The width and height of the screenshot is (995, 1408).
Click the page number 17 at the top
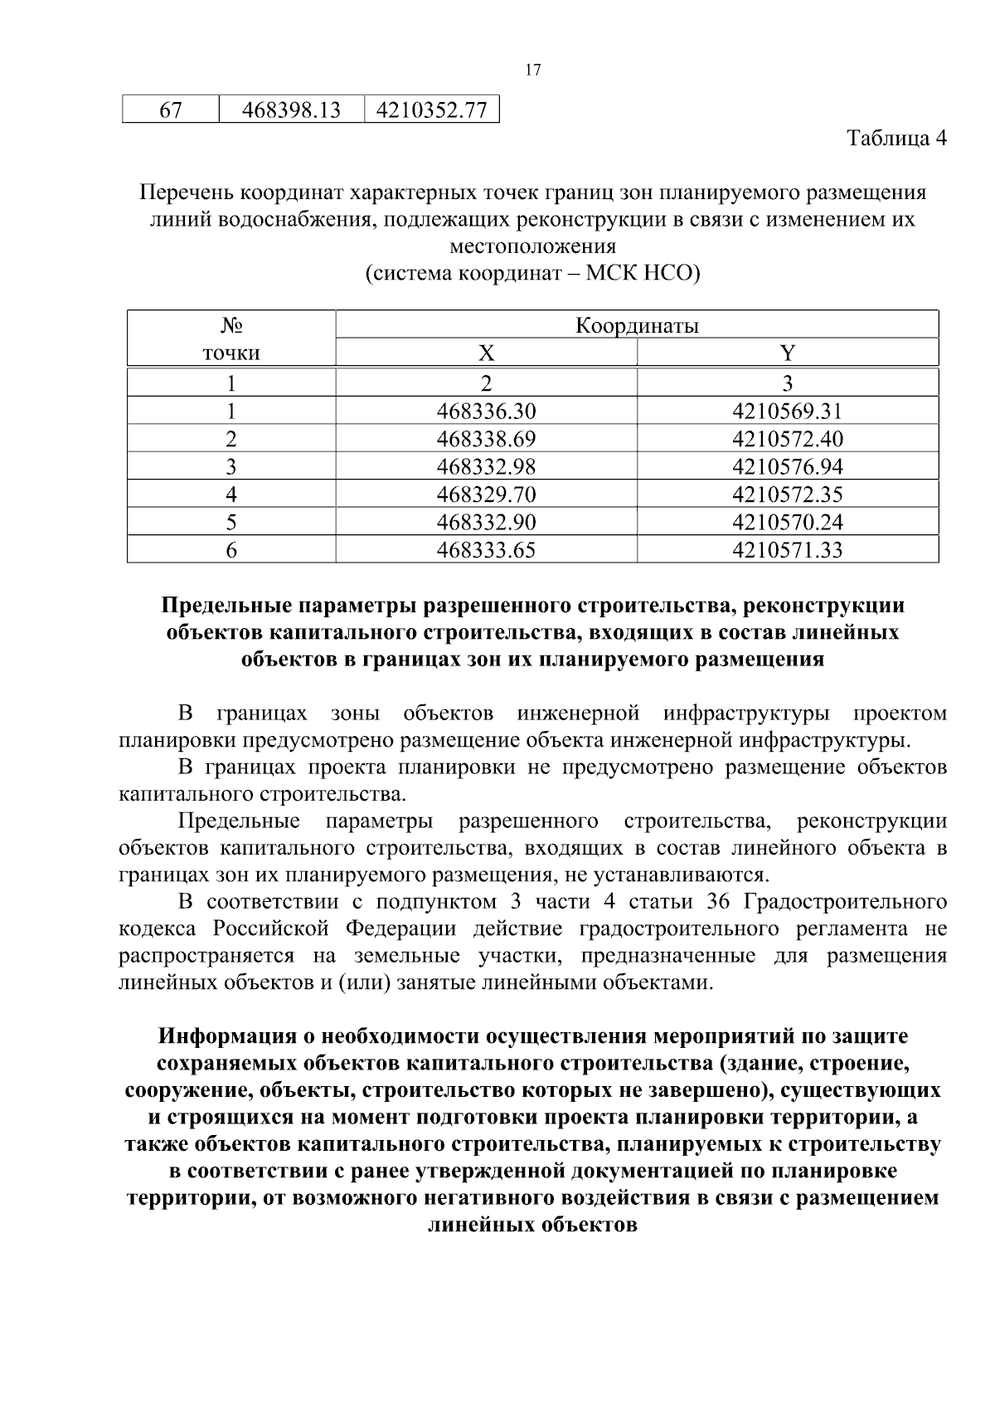533,71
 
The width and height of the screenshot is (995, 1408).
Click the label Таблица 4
896,138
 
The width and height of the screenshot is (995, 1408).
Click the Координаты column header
637,325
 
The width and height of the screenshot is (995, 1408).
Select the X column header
486,353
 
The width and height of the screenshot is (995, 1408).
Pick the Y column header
788,353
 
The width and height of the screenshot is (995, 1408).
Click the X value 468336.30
486,411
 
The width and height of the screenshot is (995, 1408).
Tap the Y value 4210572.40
788,439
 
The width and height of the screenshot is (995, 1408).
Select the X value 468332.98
486,466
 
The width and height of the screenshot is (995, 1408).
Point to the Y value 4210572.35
788,495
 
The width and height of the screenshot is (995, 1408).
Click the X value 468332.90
486,522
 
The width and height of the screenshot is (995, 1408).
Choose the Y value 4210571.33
788,550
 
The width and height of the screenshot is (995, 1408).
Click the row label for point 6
231,550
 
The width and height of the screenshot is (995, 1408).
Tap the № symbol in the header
231,325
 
